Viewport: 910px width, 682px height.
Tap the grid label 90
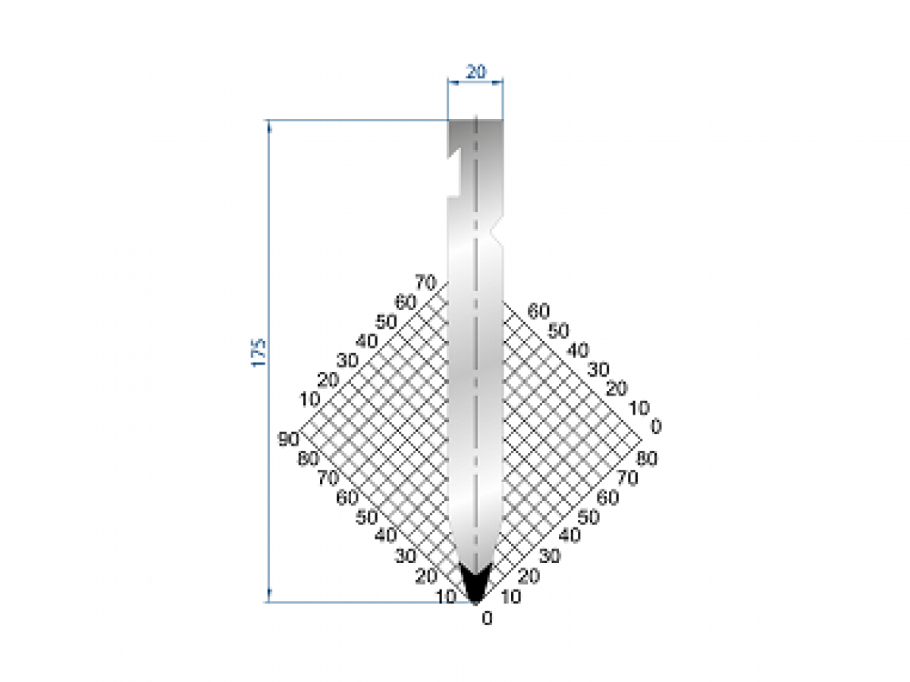(288, 439)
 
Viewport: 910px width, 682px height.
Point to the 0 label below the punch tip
(487, 618)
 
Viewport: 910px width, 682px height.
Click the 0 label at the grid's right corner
(656, 427)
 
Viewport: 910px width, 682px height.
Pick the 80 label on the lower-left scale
(308, 458)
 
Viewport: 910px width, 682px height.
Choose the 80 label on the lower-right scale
(646, 458)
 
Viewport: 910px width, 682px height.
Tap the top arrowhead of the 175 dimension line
(268, 125)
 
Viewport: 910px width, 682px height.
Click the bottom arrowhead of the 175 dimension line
(268, 597)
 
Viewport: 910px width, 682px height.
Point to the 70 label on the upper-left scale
(426, 284)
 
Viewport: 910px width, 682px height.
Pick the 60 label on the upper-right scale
(538, 310)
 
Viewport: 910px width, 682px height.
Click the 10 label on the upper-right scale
(639, 408)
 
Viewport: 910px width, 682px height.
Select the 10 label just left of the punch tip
(446, 596)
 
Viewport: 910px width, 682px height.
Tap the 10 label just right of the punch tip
(511, 596)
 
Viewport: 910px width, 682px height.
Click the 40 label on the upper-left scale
(366, 342)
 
